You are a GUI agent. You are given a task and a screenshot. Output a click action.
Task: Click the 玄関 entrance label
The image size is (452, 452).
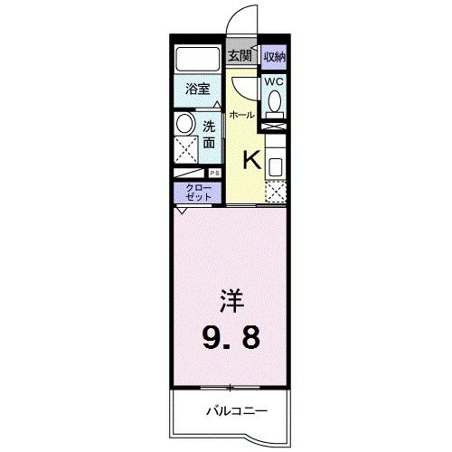pyautogui.click(x=240, y=55)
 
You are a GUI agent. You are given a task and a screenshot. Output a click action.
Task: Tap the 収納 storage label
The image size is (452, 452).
pyautogui.click(x=276, y=55)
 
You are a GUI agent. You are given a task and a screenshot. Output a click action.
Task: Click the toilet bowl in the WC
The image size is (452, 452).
pyautogui.click(x=275, y=103)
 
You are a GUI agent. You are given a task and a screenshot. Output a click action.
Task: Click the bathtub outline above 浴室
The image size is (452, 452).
pyautogui.click(x=199, y=61)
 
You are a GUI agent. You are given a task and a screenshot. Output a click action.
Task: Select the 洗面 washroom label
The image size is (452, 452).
pyautogui.click(x=209, y=134)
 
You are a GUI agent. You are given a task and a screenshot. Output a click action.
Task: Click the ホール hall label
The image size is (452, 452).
pyautogui.click(x=240, y=115)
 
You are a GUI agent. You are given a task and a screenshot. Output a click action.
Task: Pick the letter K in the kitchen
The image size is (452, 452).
pyautogui.click(x=250, y=160)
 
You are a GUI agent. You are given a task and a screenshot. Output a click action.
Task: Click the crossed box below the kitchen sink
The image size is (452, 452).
pyautogui.click(x=276, y=192)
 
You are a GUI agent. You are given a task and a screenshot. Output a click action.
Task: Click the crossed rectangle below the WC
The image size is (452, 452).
pyautogui.click(x=275, y=127)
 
